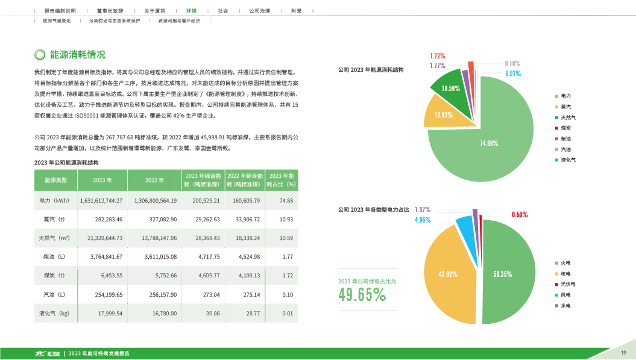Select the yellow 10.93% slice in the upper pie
click(x=442, y=115)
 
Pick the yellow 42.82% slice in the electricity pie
click(x=449, y=274)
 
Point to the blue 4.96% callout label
click(x=422, y=220)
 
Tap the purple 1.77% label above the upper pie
click(x=438, y=65)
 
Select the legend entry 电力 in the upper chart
click(x=565, y=96)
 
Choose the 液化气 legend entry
click(x=567, y=160)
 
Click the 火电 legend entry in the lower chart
click(x=565, y=264)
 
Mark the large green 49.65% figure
click(x=362, y=295)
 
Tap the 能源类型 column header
click(x=56, y=180)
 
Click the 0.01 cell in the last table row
click(x=287, y=314)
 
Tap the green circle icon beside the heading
click(x=40, y=55)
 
